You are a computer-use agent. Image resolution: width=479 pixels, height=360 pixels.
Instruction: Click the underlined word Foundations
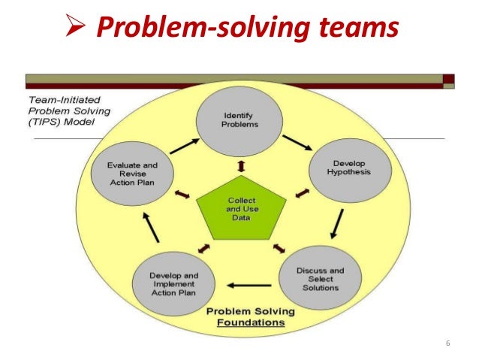[x=252, y=323]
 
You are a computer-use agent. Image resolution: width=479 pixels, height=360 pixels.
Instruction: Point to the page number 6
[x=448, y=343]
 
